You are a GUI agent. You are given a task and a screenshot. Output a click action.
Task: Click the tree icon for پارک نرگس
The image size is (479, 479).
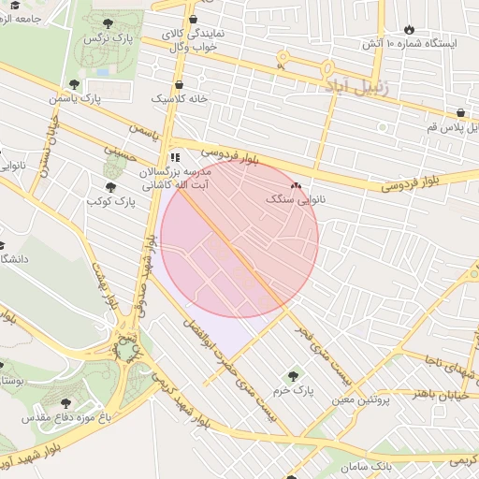(109, 23)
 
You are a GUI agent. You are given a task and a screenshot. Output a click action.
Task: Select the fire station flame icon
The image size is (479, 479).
(410, 29)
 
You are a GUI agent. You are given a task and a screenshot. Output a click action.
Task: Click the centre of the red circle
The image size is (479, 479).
(239, 239)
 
